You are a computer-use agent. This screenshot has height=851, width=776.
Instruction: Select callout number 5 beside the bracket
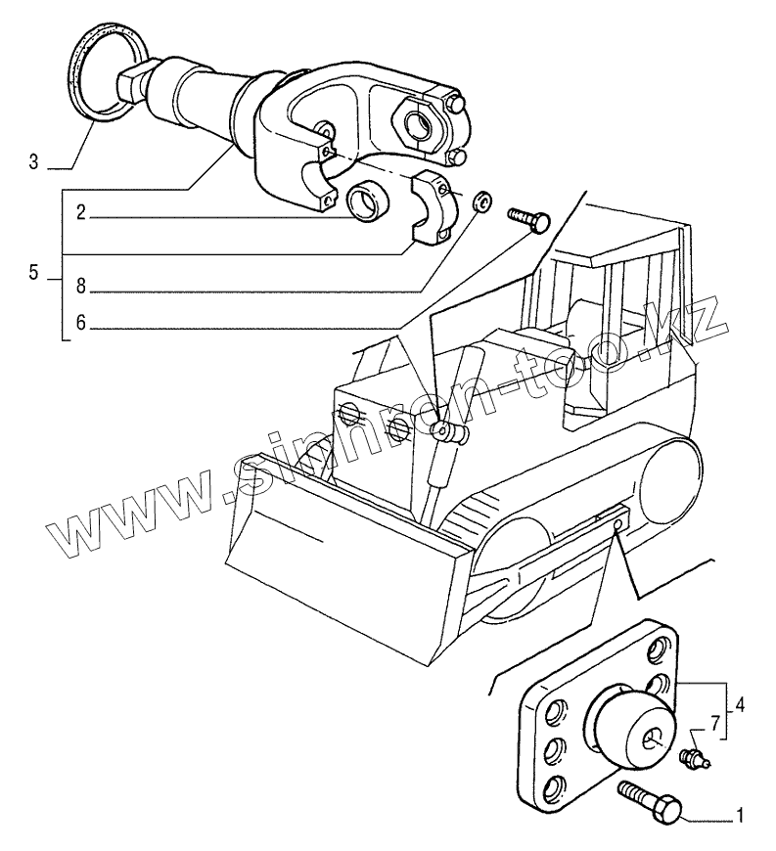(34, 273)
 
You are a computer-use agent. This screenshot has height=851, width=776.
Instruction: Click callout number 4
(740, 704)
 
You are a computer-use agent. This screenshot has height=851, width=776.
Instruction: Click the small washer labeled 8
(480, 202)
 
